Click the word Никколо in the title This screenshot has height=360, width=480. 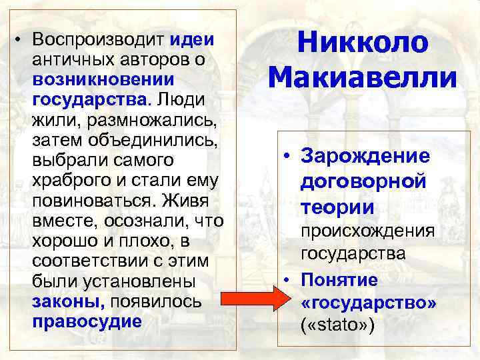361,43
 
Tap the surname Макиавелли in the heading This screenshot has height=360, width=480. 363,79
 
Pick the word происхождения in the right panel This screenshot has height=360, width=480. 367,231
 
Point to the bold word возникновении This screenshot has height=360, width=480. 103,79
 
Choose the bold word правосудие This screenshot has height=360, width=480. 86,321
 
